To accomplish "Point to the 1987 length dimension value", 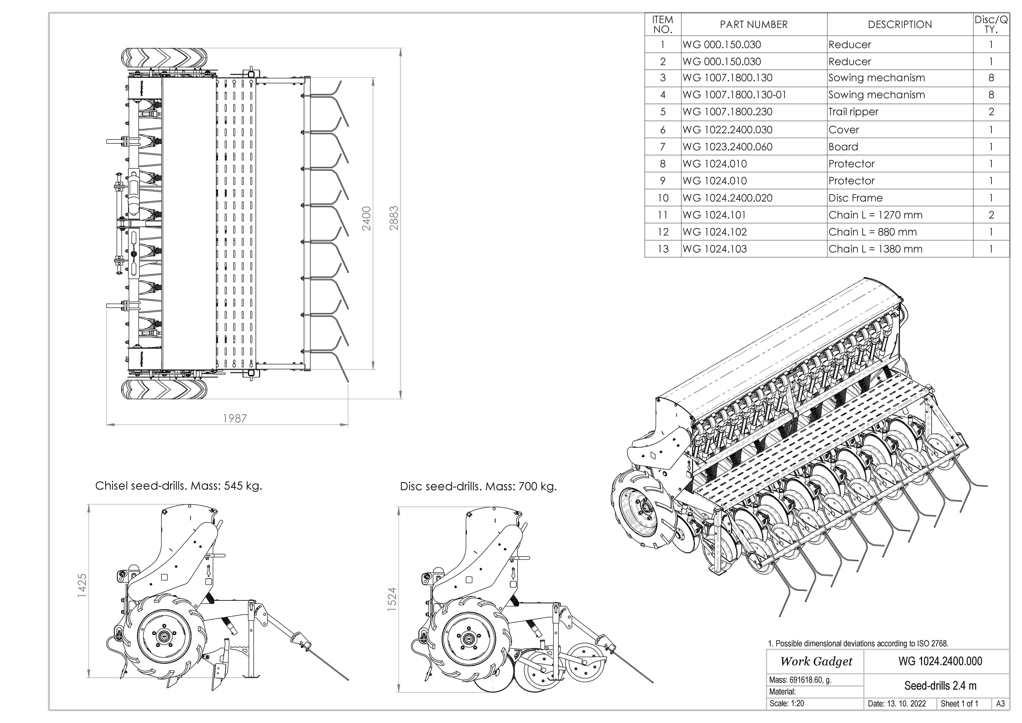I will [x=235, y=418].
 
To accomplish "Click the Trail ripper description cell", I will [x=853, y=112].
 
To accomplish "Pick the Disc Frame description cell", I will [x=855, y=198].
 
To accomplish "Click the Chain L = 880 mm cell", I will [x=872, y=232].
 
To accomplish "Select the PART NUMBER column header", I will [x=754, y=24].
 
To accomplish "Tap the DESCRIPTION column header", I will [x=900, y=24].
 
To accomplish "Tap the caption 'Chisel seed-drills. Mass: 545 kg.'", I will [x=178, y=486].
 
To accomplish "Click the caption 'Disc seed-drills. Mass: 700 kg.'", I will [x=478, y=487].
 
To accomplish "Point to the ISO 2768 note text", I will [x=858, y=643].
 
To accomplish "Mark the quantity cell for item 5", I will [x=991, y=112].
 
